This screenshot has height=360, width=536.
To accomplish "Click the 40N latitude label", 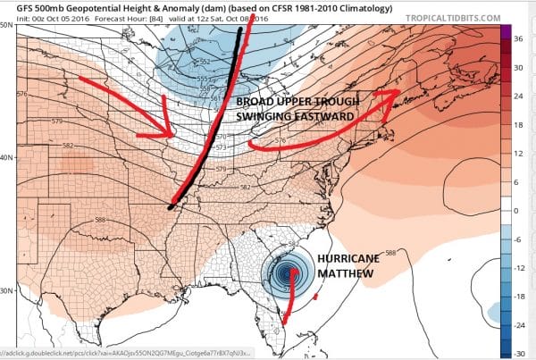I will (x=7, y=157).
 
